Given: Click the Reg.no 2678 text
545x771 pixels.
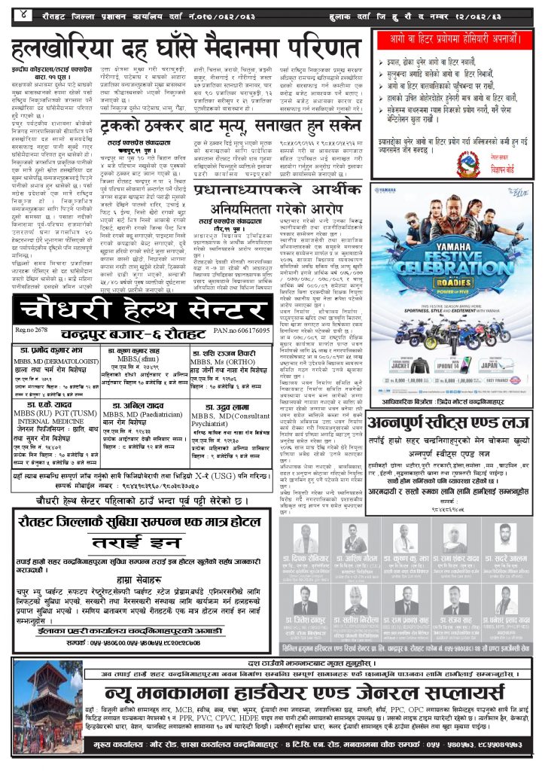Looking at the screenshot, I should tap(31, 330).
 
